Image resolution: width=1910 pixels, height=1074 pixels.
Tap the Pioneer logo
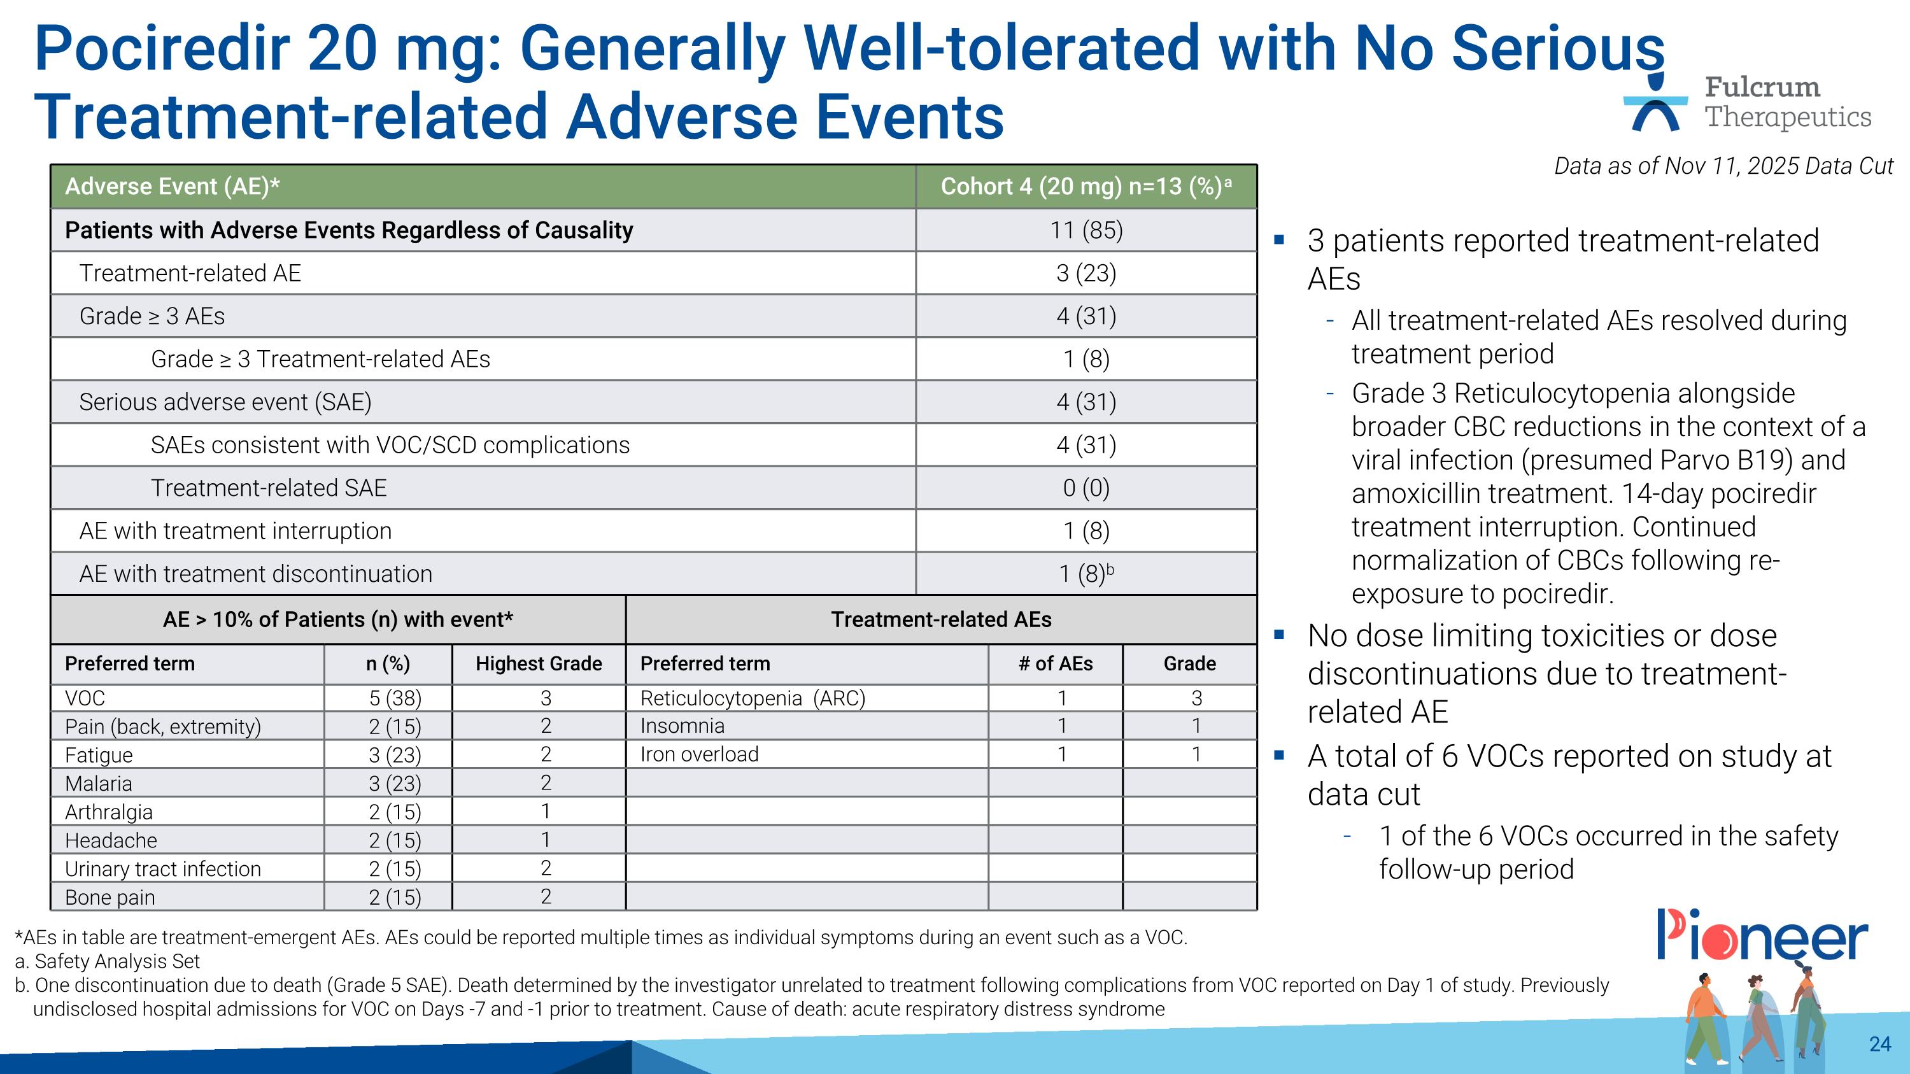[x=1762, y=935]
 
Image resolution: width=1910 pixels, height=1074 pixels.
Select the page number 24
[x=1879, y=1044]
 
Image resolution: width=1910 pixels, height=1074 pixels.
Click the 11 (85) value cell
[x=1086, y=230]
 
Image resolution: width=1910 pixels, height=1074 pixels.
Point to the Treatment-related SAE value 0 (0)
[x=1086, y=488]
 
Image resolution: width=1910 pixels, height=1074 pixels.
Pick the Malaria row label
[x=99, y=784]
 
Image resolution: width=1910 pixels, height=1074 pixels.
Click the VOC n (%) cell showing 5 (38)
[x=395, y=698]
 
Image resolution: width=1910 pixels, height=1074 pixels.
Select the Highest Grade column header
[x=538, y=663]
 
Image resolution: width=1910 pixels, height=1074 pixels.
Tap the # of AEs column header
[x=1055, y=663]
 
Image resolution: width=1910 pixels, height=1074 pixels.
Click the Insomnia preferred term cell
[x=682, y=726]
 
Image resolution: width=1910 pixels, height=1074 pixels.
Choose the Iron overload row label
[x=699, y=754]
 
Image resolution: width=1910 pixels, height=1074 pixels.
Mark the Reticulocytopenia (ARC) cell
[x=753, y=698]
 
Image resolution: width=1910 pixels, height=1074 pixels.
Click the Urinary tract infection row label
[x=163, y=869]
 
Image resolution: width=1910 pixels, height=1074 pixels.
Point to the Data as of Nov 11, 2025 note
[x=1723, y=166]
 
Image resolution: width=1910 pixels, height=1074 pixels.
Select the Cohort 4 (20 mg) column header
[x=1086, y=187]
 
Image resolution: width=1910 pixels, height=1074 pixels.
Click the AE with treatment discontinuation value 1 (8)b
[x=1086, y=574]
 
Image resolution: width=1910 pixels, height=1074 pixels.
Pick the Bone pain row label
[x=110, y=898]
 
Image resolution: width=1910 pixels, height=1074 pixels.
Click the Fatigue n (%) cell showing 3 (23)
[x=395, y=755]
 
